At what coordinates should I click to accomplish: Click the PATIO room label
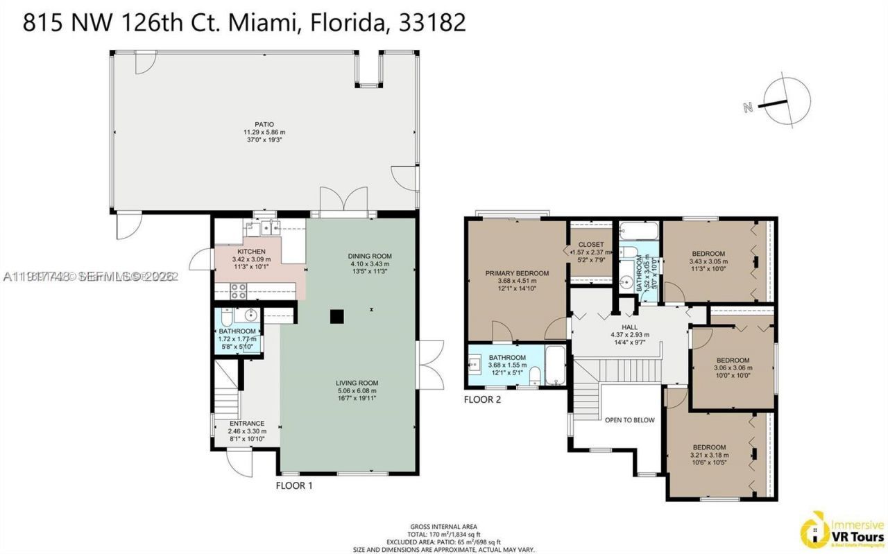[263, 124]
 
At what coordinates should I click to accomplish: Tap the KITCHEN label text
[251, 251]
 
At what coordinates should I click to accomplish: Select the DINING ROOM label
[370, 256]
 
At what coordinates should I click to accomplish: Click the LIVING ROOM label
[357, 383]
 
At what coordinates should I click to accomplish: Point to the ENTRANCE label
[247, 423]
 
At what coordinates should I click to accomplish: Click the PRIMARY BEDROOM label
[517, 273]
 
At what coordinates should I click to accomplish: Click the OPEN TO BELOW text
[629, 419]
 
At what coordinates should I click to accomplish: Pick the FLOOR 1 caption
[294, 486]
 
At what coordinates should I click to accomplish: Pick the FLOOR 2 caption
[482, 399]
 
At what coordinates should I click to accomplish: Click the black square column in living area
[336, 316]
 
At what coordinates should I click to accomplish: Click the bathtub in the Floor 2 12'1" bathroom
[556, 365]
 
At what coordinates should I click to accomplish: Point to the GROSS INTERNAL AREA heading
[443, 526]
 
